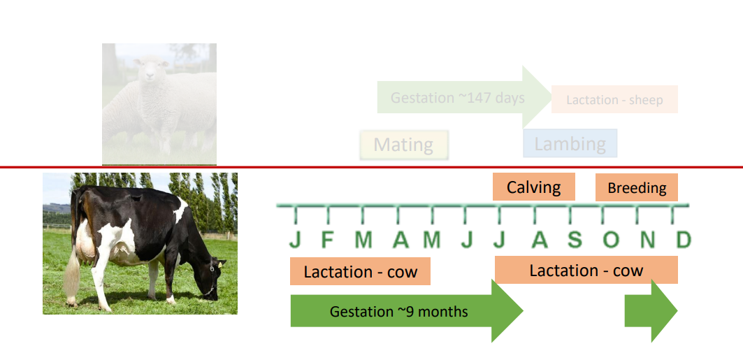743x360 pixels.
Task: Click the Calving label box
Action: tap(533, 187)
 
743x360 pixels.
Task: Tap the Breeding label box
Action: tap(636, 187)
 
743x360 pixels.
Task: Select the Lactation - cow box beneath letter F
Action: tap(360, 271)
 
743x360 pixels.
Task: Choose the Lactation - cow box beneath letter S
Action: tap(586, 270)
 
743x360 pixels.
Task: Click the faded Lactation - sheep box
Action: tap(614, 99)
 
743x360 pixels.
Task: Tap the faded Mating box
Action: tap(403, 145)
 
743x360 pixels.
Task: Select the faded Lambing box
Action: tap(570, 143)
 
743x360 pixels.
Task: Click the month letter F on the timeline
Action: tap(327, 240)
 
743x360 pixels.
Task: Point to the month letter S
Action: tap(574, 240)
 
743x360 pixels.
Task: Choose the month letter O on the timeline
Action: tap(610, 240)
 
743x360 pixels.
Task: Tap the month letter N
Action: tap(647, 240)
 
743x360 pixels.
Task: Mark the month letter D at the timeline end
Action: tap(683, 240)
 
